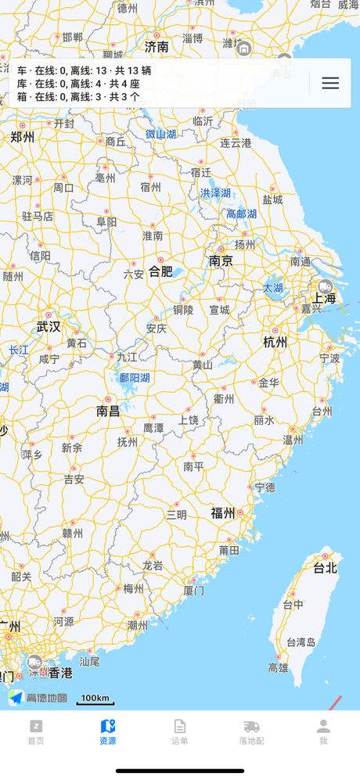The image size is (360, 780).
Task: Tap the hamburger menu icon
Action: (330, 83)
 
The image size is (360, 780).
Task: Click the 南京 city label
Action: (221, 261)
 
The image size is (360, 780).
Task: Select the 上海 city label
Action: (324, 298)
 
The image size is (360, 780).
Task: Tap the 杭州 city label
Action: (275, 342)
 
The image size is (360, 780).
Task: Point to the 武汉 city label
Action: (49, 326)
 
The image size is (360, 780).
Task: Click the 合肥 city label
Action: (160, 271)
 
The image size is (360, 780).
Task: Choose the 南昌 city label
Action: (108, 411)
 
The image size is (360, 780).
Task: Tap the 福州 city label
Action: (223, 513)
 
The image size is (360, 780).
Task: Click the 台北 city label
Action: (325, 568)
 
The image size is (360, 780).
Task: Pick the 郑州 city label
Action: (22, 137)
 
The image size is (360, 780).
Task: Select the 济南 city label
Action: (157, 47)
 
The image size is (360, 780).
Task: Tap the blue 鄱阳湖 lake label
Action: (134, 378)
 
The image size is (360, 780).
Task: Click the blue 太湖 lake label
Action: (273, 288)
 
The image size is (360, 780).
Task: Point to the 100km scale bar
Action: (95, 699)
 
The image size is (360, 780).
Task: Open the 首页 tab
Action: (36, 732)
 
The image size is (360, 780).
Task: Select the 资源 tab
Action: (108, 732)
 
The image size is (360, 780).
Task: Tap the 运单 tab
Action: (180, 732)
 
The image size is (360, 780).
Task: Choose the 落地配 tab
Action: (251, 732)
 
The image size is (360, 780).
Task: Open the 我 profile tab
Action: (323, 732)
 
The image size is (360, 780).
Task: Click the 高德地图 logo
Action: (38, 698)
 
